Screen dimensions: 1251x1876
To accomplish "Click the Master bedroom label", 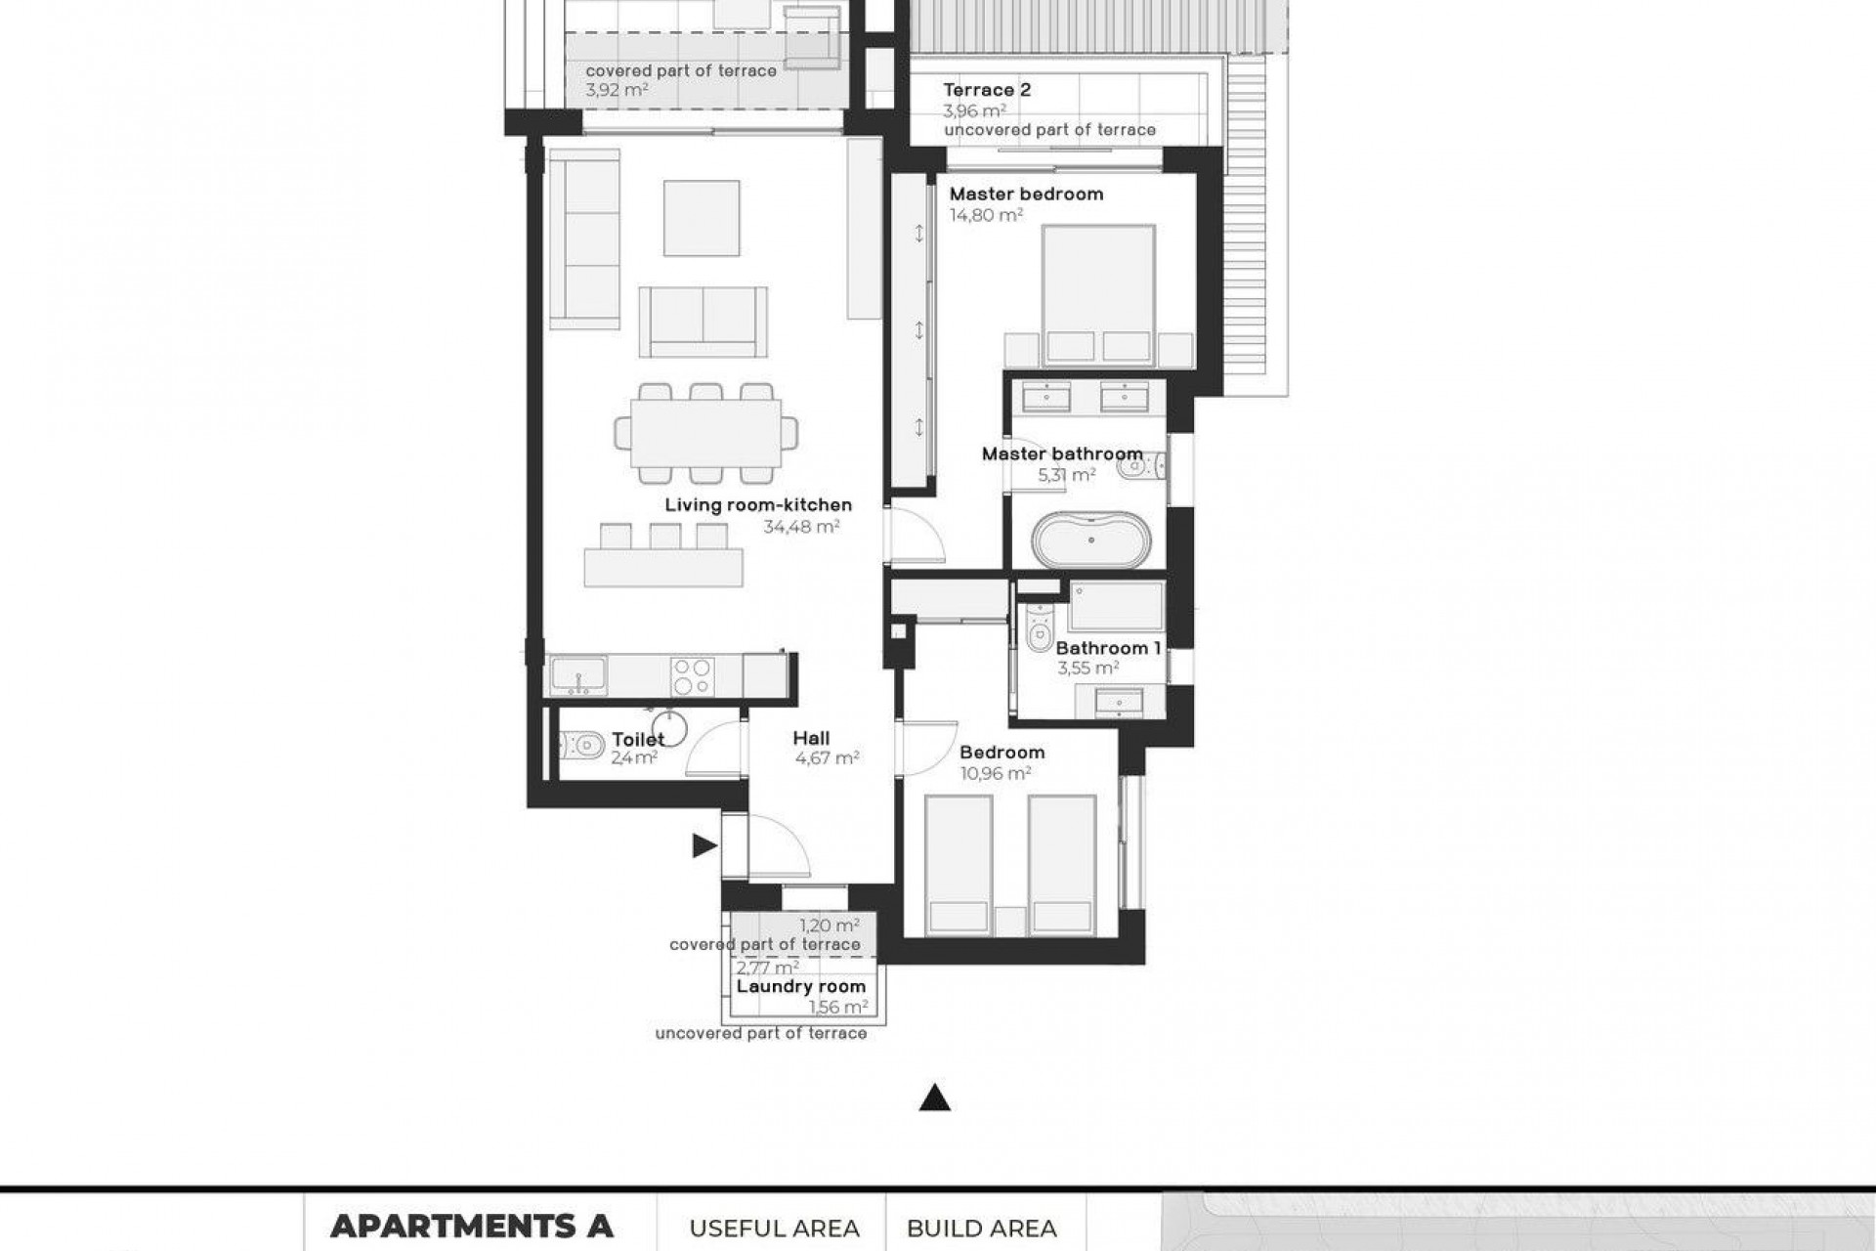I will click(x=1026, y=194).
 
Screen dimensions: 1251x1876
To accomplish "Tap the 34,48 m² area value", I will click(x=801, y=527).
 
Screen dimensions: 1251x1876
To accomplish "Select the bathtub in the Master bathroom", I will click(x=1087, y=540).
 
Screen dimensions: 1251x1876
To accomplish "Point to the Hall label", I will click(x=811, y=738).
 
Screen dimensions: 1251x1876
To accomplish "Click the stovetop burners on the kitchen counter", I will click(x=693, y=676).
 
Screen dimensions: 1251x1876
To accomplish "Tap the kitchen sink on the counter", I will click(x=577, y=675).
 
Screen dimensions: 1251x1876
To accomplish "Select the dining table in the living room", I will click(x=705, y=433).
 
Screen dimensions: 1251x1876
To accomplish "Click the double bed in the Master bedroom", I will click(x=1098, y=293).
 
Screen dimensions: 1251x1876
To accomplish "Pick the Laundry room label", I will click(x=801, y=986).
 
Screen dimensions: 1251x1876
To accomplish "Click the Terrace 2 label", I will click(x=987, y=90).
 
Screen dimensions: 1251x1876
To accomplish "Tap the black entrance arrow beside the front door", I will click(x=703, y=846).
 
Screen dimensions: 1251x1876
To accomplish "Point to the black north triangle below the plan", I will click(x=935, y=1099).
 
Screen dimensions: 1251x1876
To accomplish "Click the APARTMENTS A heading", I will click(x=471, y=1226).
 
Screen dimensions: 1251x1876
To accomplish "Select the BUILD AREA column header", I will click(x=981, y=1228).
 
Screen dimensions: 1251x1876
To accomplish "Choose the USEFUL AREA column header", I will click(x=774, y=1228).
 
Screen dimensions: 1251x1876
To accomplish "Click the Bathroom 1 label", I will click(x=1108, y=648).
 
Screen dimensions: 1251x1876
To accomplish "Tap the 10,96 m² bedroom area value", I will click(x=996, y=773).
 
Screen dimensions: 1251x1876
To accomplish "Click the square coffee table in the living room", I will click(x=702, y=218).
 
